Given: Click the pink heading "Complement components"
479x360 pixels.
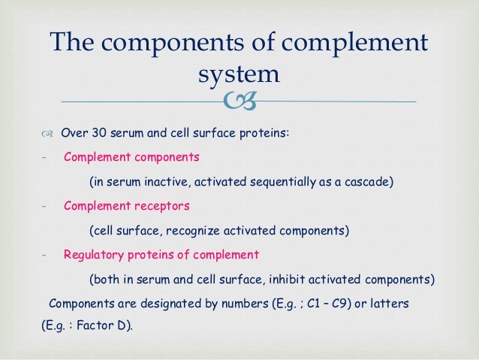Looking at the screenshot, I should (131, 158).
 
